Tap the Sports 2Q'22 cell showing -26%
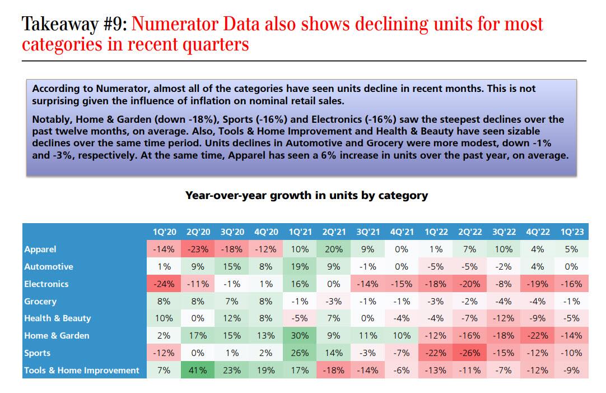tap(470, 353)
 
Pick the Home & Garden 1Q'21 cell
tap(300, 335)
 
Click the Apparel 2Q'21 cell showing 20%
tap(334, 249)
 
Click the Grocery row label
tap(40, 301)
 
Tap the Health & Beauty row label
tap(57, 318)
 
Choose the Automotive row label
tap(49, 266)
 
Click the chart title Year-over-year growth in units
tap(306, 196)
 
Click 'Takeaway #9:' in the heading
tap(75, 24)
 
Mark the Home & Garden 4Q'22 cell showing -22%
tap(538, 335)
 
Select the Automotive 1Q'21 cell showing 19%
tap(300, 266)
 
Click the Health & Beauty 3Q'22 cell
tap(504, 318)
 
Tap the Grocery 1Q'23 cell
tap(571, 301)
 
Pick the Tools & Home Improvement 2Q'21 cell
tap(334, 370)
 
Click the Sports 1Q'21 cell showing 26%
tap(300, 353)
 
